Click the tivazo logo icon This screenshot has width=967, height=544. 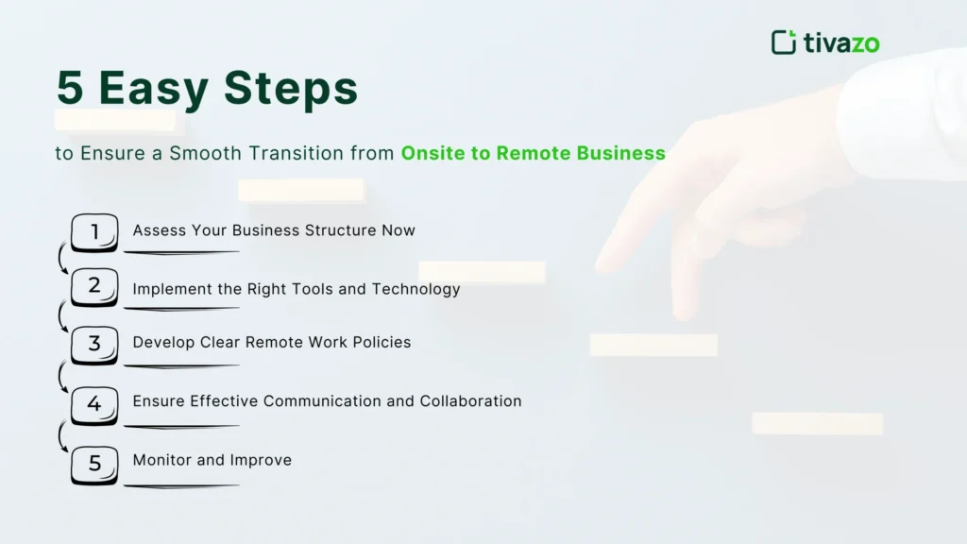point(784,42)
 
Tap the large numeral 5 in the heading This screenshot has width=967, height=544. point(71,89)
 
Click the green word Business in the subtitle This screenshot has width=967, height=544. point(623,153)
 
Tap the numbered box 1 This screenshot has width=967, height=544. point(94,231)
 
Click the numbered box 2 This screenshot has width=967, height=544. point(94,286)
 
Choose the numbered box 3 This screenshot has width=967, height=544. point(94,345)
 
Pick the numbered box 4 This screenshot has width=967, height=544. point(94,404)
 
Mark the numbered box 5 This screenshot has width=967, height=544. point(94,464)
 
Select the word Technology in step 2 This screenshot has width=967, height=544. point(416,289)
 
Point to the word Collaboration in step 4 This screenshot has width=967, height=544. point(470,401)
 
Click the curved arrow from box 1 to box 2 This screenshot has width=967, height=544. point(62,258)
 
